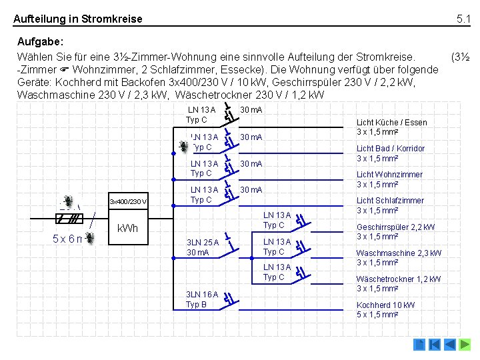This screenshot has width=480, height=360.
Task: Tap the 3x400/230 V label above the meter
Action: (129, 202)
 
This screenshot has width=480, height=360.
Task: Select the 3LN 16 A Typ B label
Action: (202, 299)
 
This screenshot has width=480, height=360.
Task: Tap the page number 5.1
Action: (463, 19)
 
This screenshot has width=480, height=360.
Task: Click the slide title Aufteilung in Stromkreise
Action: (78, 19)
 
